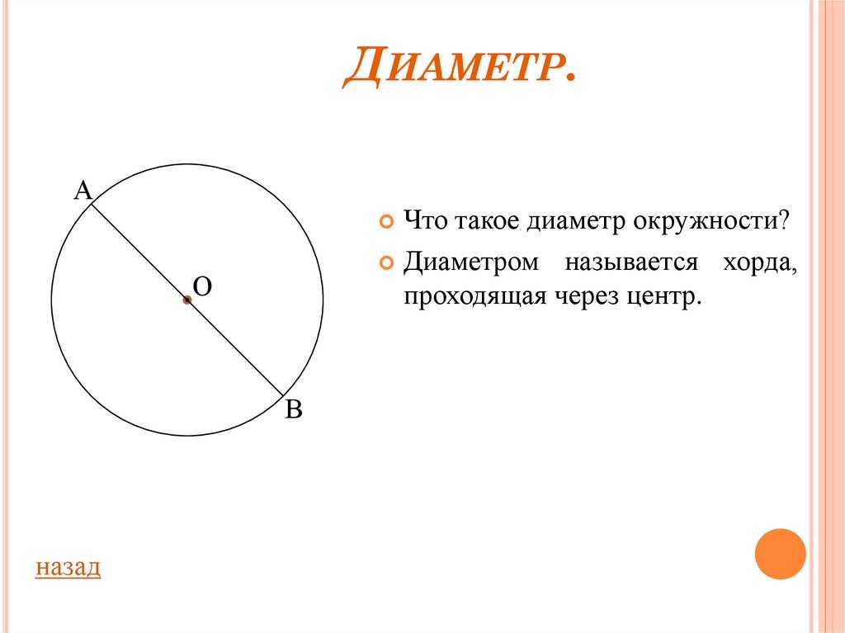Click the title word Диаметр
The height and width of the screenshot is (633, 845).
(x=459, y=68)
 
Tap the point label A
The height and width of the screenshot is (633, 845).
(x=83, y=191)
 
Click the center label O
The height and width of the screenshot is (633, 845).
(x=203, y=286)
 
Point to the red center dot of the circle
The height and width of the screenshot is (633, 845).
(x=187, y=300)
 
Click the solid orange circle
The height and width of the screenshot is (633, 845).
(x=780, y=554)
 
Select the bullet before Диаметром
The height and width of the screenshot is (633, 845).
(x=386, y=263)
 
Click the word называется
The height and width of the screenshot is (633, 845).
(x=631, y=263)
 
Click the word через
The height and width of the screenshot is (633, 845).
(x=584, y=296)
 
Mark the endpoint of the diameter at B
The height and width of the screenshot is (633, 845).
(x=284, y=396)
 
